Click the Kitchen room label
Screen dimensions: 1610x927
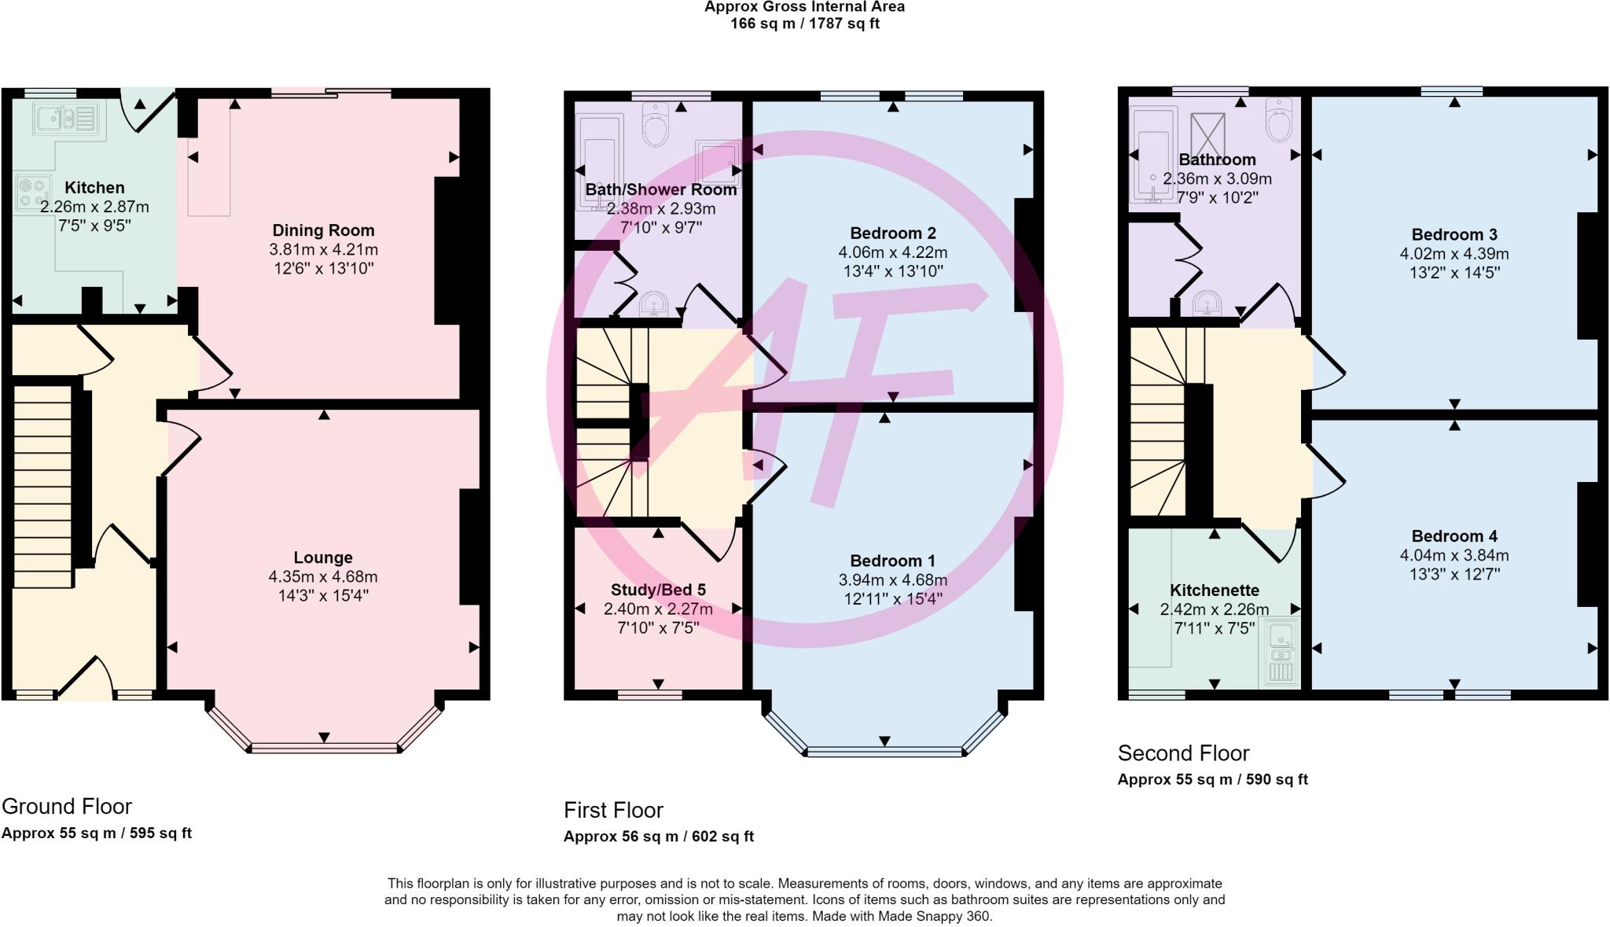(94, 187)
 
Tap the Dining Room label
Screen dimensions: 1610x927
(323, 230)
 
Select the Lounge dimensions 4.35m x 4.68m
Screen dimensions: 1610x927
(323, 576)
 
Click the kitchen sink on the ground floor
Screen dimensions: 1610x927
(65, 119)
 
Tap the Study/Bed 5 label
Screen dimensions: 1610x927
(658, 590)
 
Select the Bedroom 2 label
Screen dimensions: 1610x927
(893, 233)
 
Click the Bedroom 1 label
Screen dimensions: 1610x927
(893, 561)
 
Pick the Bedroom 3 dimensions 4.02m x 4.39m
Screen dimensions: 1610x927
(1454, 254)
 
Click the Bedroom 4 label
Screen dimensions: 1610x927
(1454, 536)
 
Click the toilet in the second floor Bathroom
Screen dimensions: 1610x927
(1280, 119)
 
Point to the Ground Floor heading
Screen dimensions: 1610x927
(67, 806)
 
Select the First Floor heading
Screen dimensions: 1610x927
(614, 810)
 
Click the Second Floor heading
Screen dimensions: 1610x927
(1184, 753)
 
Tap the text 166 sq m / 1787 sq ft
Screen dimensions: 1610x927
(805, 24)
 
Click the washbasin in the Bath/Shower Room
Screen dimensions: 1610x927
(652, 303)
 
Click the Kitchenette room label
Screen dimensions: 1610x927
(1215, 590)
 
